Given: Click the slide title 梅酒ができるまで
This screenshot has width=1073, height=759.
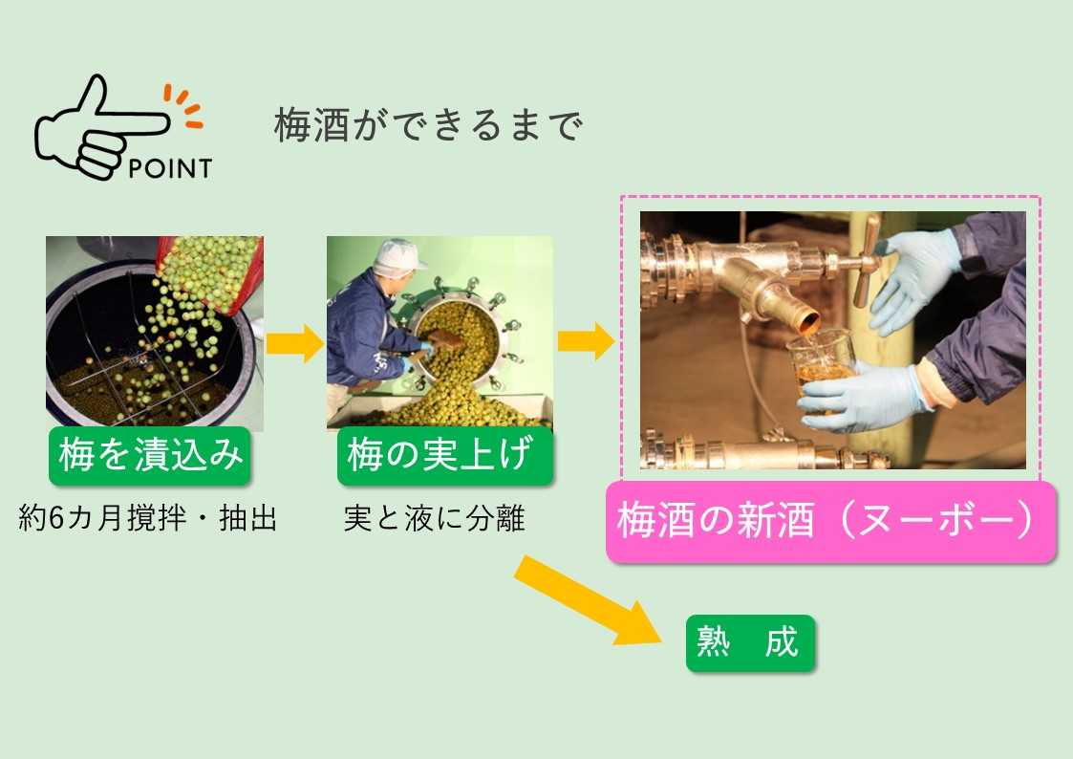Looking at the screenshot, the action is [x=428, y=125].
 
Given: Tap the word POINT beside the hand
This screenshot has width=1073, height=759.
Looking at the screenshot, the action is [x=170, y=168].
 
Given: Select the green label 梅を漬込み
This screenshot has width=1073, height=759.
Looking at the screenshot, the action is [x=150, y=455].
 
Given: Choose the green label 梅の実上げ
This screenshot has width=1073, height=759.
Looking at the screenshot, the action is [x=445, y=455].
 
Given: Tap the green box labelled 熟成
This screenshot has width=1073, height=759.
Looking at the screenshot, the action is [x=750, y=642].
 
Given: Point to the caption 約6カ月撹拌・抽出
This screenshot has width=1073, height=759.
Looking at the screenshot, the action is [x=148, y=518].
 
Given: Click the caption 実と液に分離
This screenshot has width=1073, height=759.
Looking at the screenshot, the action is [x=434, y=518].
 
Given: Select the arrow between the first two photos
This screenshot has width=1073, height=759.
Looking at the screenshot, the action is [x=295, y=343].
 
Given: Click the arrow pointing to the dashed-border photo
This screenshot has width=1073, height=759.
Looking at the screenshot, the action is [x=586, y=341].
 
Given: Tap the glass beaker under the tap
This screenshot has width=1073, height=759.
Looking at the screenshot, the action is [x=821, y=367].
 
